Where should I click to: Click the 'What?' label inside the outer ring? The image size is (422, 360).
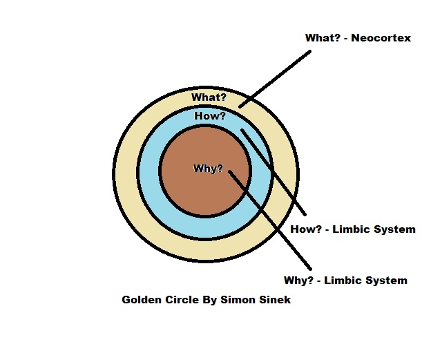(209, 97)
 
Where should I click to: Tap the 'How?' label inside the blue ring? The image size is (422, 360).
(209, 116)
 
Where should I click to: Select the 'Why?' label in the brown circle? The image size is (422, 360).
(208, 168)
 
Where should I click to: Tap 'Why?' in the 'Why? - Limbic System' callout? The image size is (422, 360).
(298, 281)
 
